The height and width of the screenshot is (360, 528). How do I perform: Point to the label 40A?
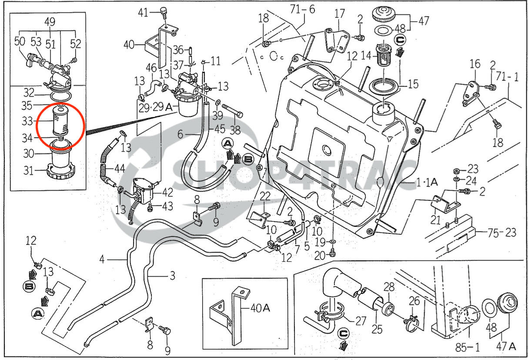point(260,308)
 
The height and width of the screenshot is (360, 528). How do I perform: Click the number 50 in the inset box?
point(20,42)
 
